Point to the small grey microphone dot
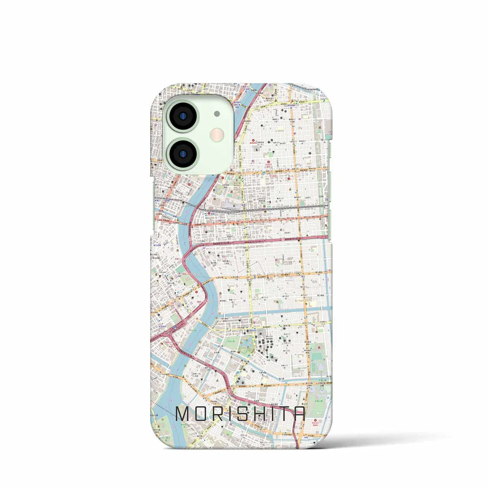tap(217, 113)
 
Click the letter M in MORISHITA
tap(183, 414)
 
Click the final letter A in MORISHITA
tap(299, 414)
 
